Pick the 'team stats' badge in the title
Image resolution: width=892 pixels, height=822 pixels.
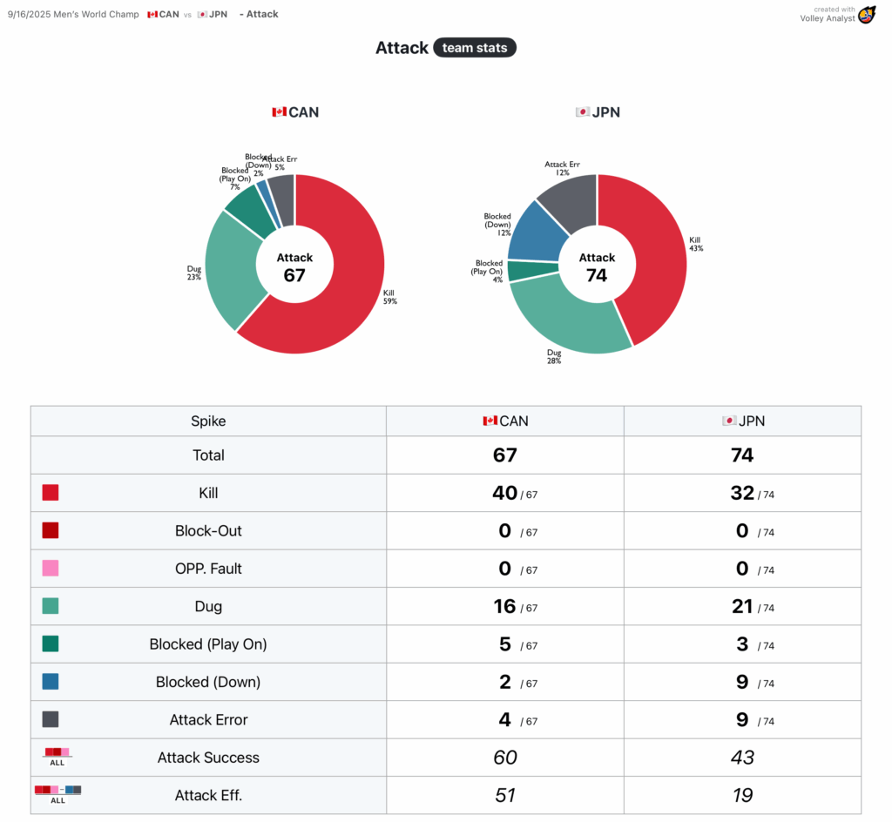(x=475, y=48)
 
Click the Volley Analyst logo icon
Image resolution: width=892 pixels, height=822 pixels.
(x=866, y=15)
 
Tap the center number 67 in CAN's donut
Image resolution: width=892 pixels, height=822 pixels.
(x=294, y=275)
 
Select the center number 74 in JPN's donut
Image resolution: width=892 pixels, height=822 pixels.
(x=597, y=275)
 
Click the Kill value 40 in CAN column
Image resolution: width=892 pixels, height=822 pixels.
(x=505, y=493)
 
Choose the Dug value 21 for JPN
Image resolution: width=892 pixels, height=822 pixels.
(x=742, y=606)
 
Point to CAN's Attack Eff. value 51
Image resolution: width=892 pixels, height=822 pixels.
(x=505, y=795)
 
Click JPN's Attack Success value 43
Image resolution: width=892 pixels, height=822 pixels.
(x=742, y=758)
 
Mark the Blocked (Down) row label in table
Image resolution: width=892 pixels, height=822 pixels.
(x=208, y=682)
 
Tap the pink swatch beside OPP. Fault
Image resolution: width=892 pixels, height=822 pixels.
(x=51, y=569)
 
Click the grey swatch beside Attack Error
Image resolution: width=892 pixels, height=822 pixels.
(x=51, y=719)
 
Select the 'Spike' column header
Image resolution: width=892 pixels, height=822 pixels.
(x=208, y=421)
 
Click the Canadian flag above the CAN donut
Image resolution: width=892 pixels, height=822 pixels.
(x=279, y=112)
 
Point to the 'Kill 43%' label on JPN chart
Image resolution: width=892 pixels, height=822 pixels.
(x=695, y=244)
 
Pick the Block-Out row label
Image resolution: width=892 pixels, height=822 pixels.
(x=208, y=530)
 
